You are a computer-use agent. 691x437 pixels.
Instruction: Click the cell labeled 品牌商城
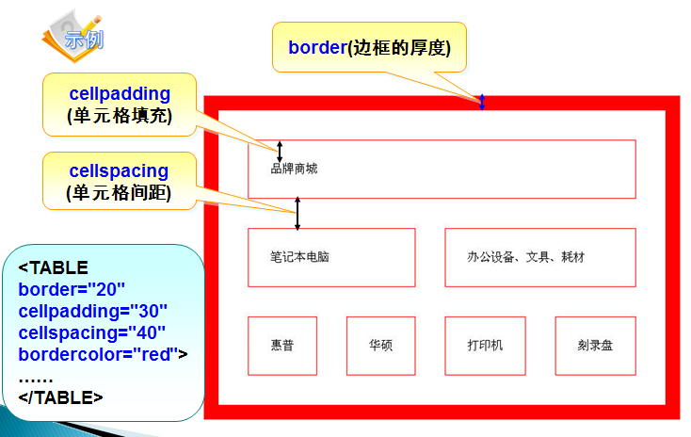(442, 170)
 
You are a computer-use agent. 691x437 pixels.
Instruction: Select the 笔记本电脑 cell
(331, 257)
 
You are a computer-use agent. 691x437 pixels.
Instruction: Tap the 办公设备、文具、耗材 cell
(540, 257)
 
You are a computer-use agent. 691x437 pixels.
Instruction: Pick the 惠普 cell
(282, 346)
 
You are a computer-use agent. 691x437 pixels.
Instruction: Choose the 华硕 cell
(380, 346)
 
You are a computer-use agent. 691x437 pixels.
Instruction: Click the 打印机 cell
(485, 346)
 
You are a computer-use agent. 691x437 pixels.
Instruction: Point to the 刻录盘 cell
(595, 346)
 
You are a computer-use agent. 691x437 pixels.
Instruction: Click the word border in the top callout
(317, 48)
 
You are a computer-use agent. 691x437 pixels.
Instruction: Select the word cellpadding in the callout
(120, 94)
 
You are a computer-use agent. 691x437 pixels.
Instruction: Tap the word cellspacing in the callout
(119, 171)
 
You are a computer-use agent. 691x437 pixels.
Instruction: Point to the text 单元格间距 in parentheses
(119, 193)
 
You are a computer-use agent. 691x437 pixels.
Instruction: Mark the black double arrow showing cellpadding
(280, 150)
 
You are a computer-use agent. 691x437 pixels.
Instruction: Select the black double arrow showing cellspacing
(297, 213)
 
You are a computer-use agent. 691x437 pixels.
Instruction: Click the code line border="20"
(72, 289)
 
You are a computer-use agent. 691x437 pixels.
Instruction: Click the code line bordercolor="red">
(104, 354)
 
